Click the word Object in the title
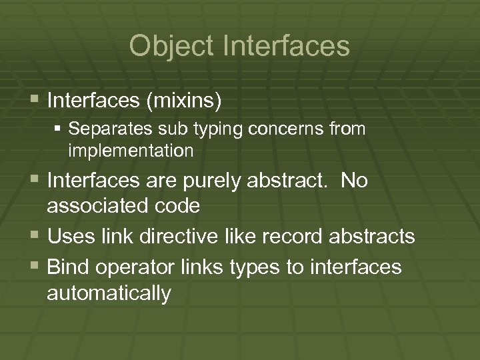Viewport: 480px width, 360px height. coord(173,46)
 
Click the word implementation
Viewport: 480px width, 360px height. coord(131,151)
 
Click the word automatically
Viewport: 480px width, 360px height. coord(109,293)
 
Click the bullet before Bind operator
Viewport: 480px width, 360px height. coord(35,267)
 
